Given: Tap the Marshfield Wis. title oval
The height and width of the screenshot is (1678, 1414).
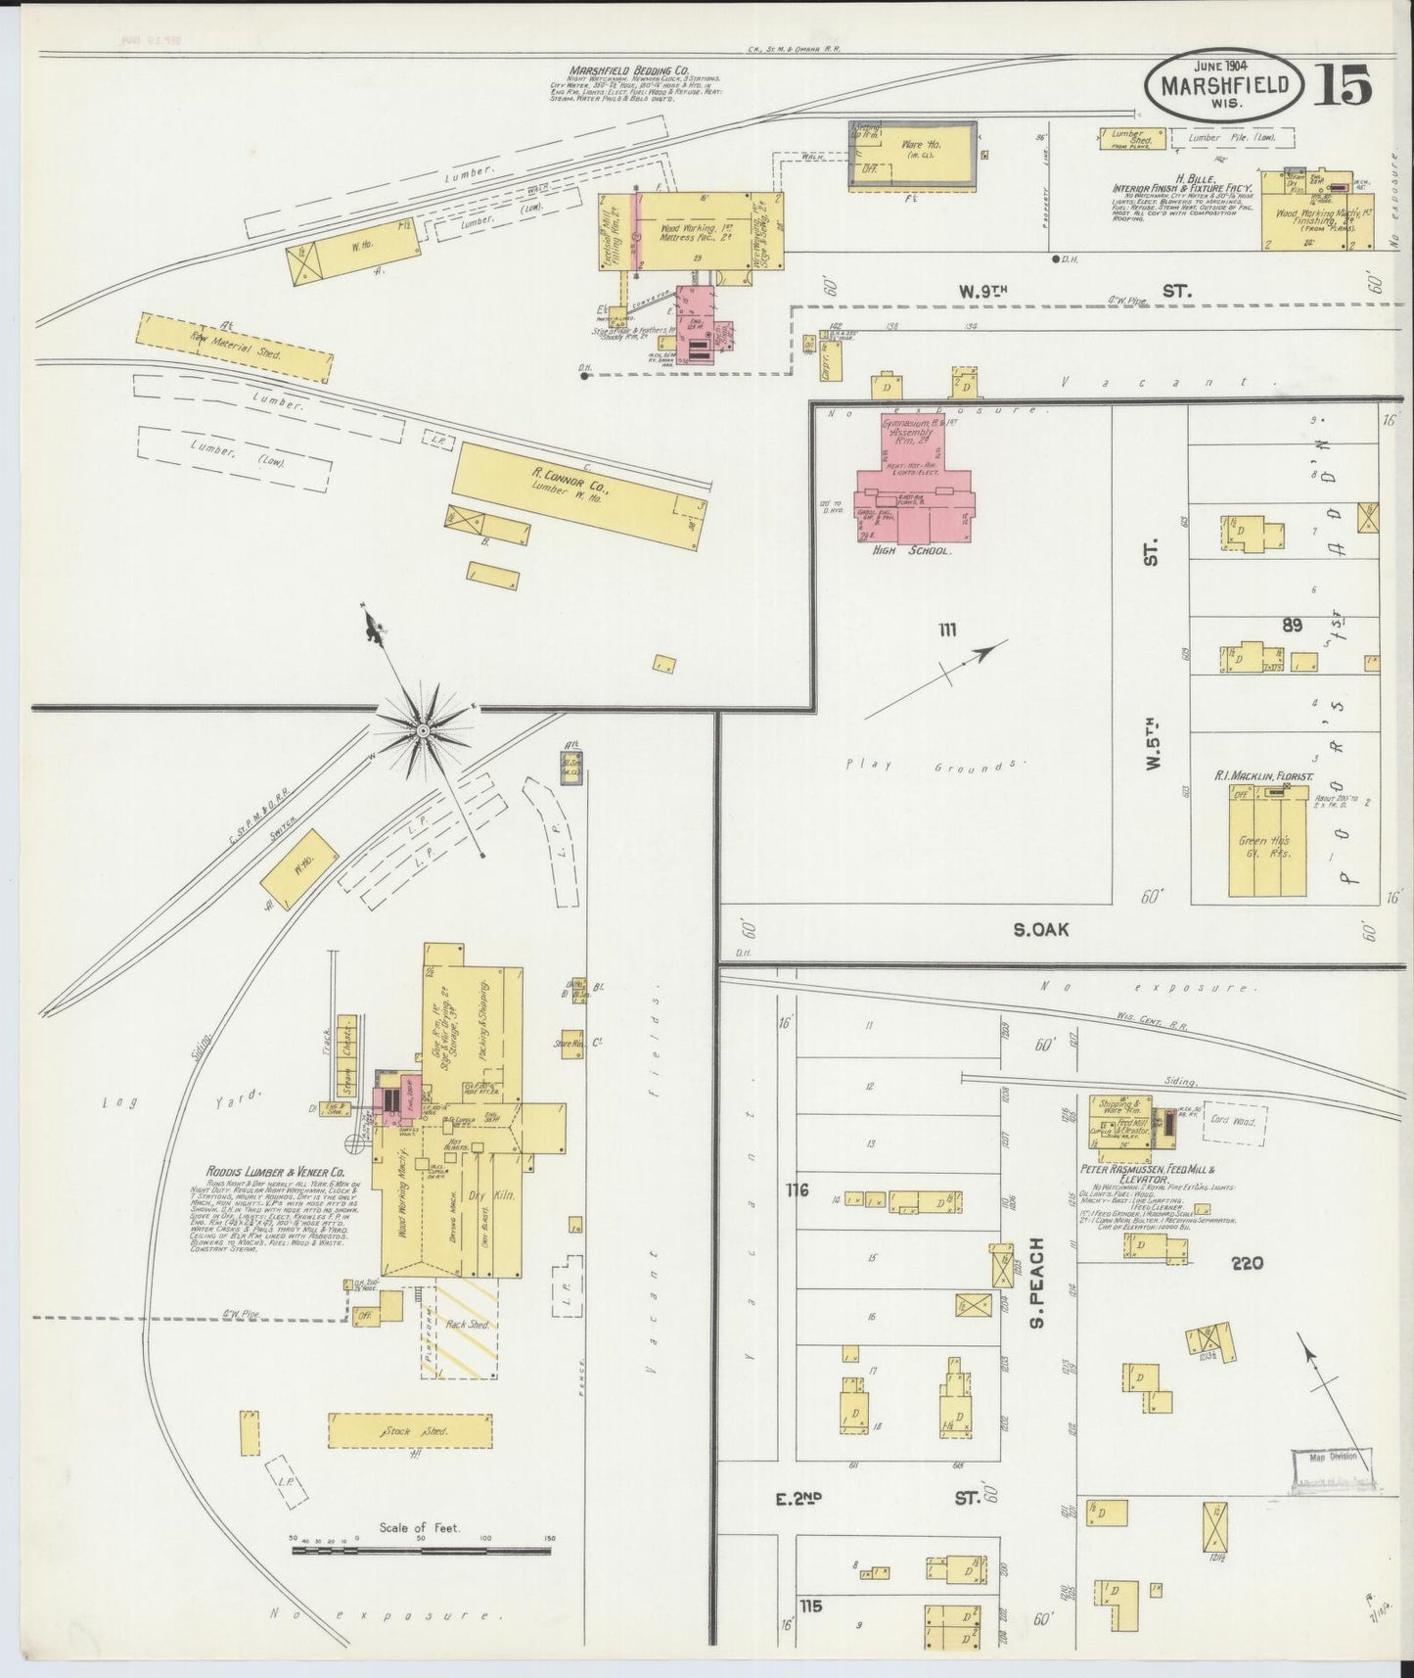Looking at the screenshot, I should point(1223,88).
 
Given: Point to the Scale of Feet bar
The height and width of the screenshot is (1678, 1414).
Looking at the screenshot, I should point(421,1550).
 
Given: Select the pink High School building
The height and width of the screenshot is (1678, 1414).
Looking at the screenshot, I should point(913,485).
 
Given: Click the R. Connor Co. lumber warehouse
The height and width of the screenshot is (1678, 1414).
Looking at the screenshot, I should point(581,494).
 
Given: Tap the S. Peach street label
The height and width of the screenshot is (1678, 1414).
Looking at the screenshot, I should point(1037,1283).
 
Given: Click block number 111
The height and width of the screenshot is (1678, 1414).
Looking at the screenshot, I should point(945,629).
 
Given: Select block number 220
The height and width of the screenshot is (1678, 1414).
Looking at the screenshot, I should point(1249,1263).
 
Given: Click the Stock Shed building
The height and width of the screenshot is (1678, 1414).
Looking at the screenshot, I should point(410,1431).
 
